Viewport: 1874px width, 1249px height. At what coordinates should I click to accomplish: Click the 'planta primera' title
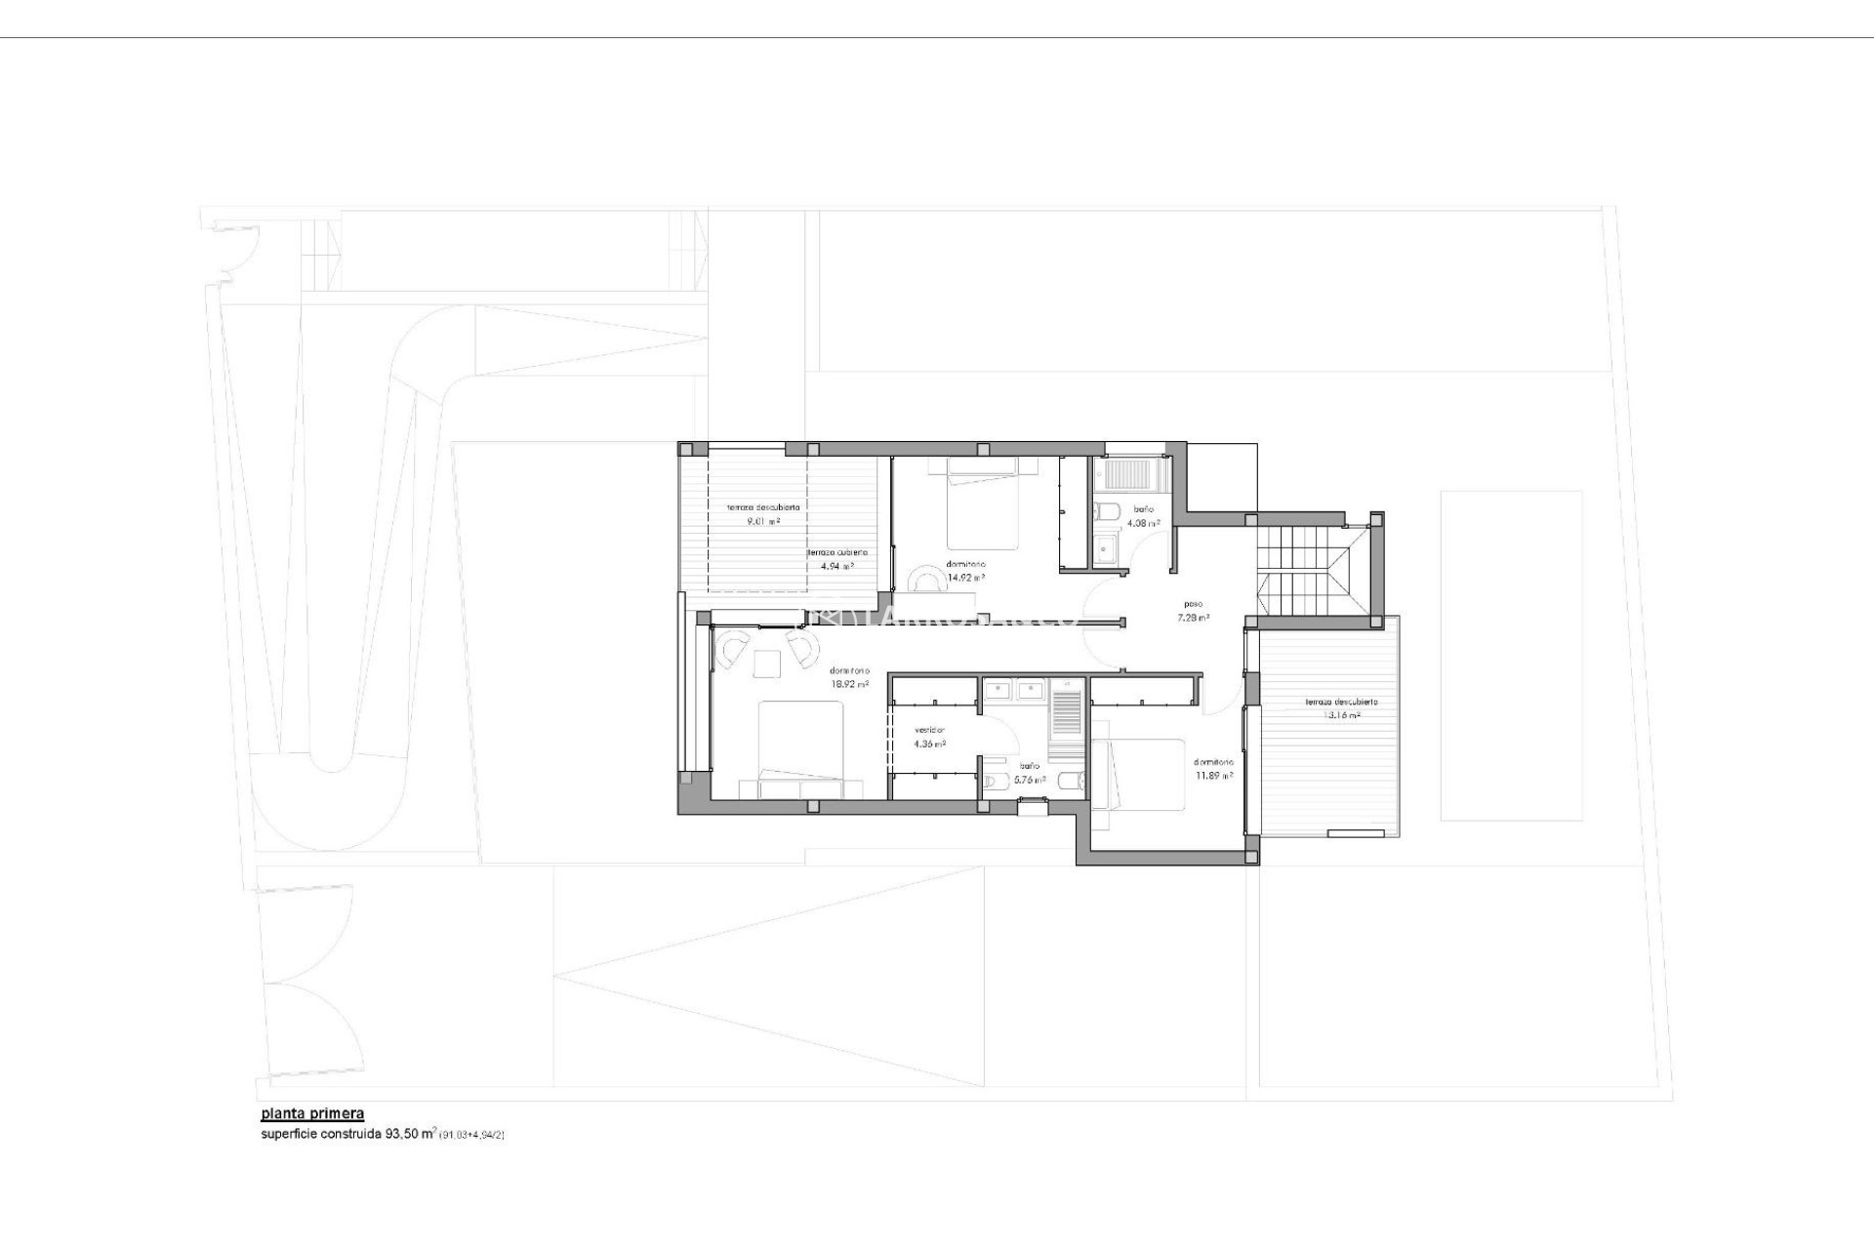click(312, 1113)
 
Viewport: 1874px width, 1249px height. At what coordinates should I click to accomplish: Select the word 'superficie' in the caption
click(285, 1135)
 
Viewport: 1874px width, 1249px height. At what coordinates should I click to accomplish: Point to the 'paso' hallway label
click(1193, 604)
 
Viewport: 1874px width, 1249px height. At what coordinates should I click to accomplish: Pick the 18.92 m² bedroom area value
click(849, 684)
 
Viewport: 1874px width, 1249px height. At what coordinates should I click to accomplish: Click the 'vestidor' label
click(929, 731)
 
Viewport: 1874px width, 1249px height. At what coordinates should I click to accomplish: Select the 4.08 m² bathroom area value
click(1143, 523)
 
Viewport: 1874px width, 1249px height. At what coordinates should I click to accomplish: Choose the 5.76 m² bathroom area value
click(1030, 780)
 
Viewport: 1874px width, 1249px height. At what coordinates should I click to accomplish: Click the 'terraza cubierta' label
click(836, 552)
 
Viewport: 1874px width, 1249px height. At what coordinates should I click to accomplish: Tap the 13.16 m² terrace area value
click(1341, 715)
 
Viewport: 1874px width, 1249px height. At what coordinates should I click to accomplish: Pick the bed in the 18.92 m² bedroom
click(800, 751)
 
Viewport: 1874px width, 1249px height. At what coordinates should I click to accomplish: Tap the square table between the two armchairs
click(767, 664)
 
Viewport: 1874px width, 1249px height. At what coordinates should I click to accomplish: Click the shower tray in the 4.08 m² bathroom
click(1129, 475)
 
